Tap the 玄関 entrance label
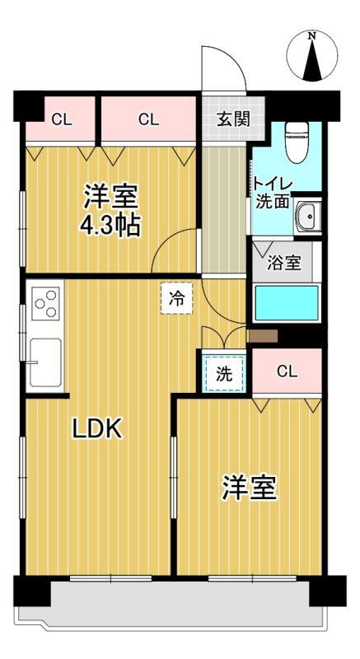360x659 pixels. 234,118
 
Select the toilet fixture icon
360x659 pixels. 296,145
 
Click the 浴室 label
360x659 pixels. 285,264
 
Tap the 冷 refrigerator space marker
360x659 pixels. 176,299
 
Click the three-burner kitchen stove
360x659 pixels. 46,301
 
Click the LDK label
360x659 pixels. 97,428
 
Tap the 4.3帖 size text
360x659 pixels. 109,224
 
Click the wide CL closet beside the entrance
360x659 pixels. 148,119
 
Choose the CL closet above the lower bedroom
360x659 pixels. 286,371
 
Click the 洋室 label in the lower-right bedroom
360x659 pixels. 248,488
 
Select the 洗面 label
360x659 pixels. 271,201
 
